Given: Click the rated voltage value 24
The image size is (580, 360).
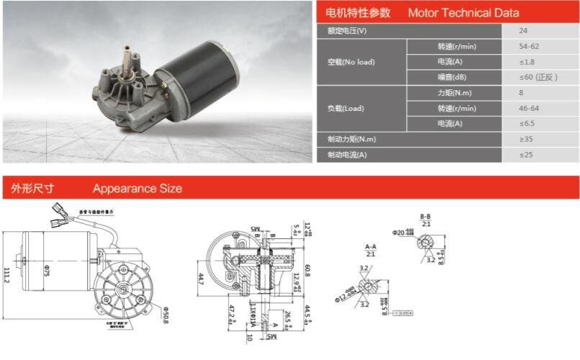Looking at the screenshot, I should click(523, 31).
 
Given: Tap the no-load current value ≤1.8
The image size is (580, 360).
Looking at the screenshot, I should click(527, 62).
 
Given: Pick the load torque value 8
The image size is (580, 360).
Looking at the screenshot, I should click(521, 93).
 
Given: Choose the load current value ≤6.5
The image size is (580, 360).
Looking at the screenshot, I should click(527, 124).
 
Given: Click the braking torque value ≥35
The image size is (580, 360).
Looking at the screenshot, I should click(527, 139).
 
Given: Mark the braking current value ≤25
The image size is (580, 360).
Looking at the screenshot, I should click(527, 155).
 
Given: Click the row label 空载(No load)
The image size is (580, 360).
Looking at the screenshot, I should click(350, 62).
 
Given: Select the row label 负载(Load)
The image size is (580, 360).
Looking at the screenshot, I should click(345, 109).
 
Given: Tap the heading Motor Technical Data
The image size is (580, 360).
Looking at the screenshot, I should click(463, 13).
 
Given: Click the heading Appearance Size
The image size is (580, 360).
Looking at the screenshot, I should click(137, 189).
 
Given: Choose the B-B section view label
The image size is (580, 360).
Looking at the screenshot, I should click(425, 217).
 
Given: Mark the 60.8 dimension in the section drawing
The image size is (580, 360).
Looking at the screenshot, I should click(307, 270).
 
